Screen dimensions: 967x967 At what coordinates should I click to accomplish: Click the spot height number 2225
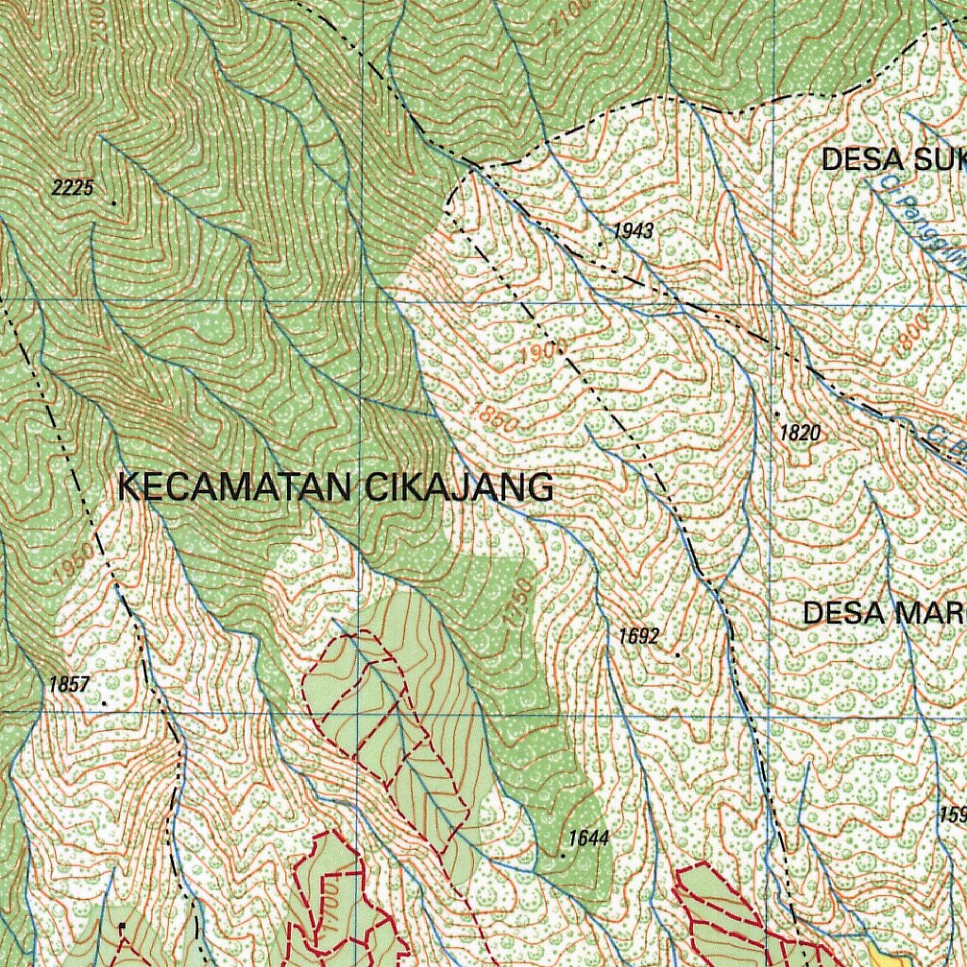coord(73,188)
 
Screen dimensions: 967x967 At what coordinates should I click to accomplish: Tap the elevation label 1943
coord(633,230)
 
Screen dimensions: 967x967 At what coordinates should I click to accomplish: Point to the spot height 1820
coord(801,433)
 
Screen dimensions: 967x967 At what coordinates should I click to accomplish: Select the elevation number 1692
coord(638,636)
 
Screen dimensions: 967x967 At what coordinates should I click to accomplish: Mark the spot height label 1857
coord(69,685)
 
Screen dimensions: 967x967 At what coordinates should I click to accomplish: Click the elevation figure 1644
coord(588,838)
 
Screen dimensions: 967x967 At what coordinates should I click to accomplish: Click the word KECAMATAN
coord(236,487)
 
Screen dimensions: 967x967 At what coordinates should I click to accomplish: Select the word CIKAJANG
coord(459,487)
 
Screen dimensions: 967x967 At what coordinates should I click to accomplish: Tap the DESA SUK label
coord(892,161)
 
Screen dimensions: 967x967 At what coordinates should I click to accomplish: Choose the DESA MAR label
coord(884,614)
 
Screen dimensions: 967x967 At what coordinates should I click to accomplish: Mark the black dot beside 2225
coord(114,203)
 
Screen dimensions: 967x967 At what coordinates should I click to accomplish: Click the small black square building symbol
coord(122,925)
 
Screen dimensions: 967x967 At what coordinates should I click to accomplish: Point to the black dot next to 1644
coord(562,855)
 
